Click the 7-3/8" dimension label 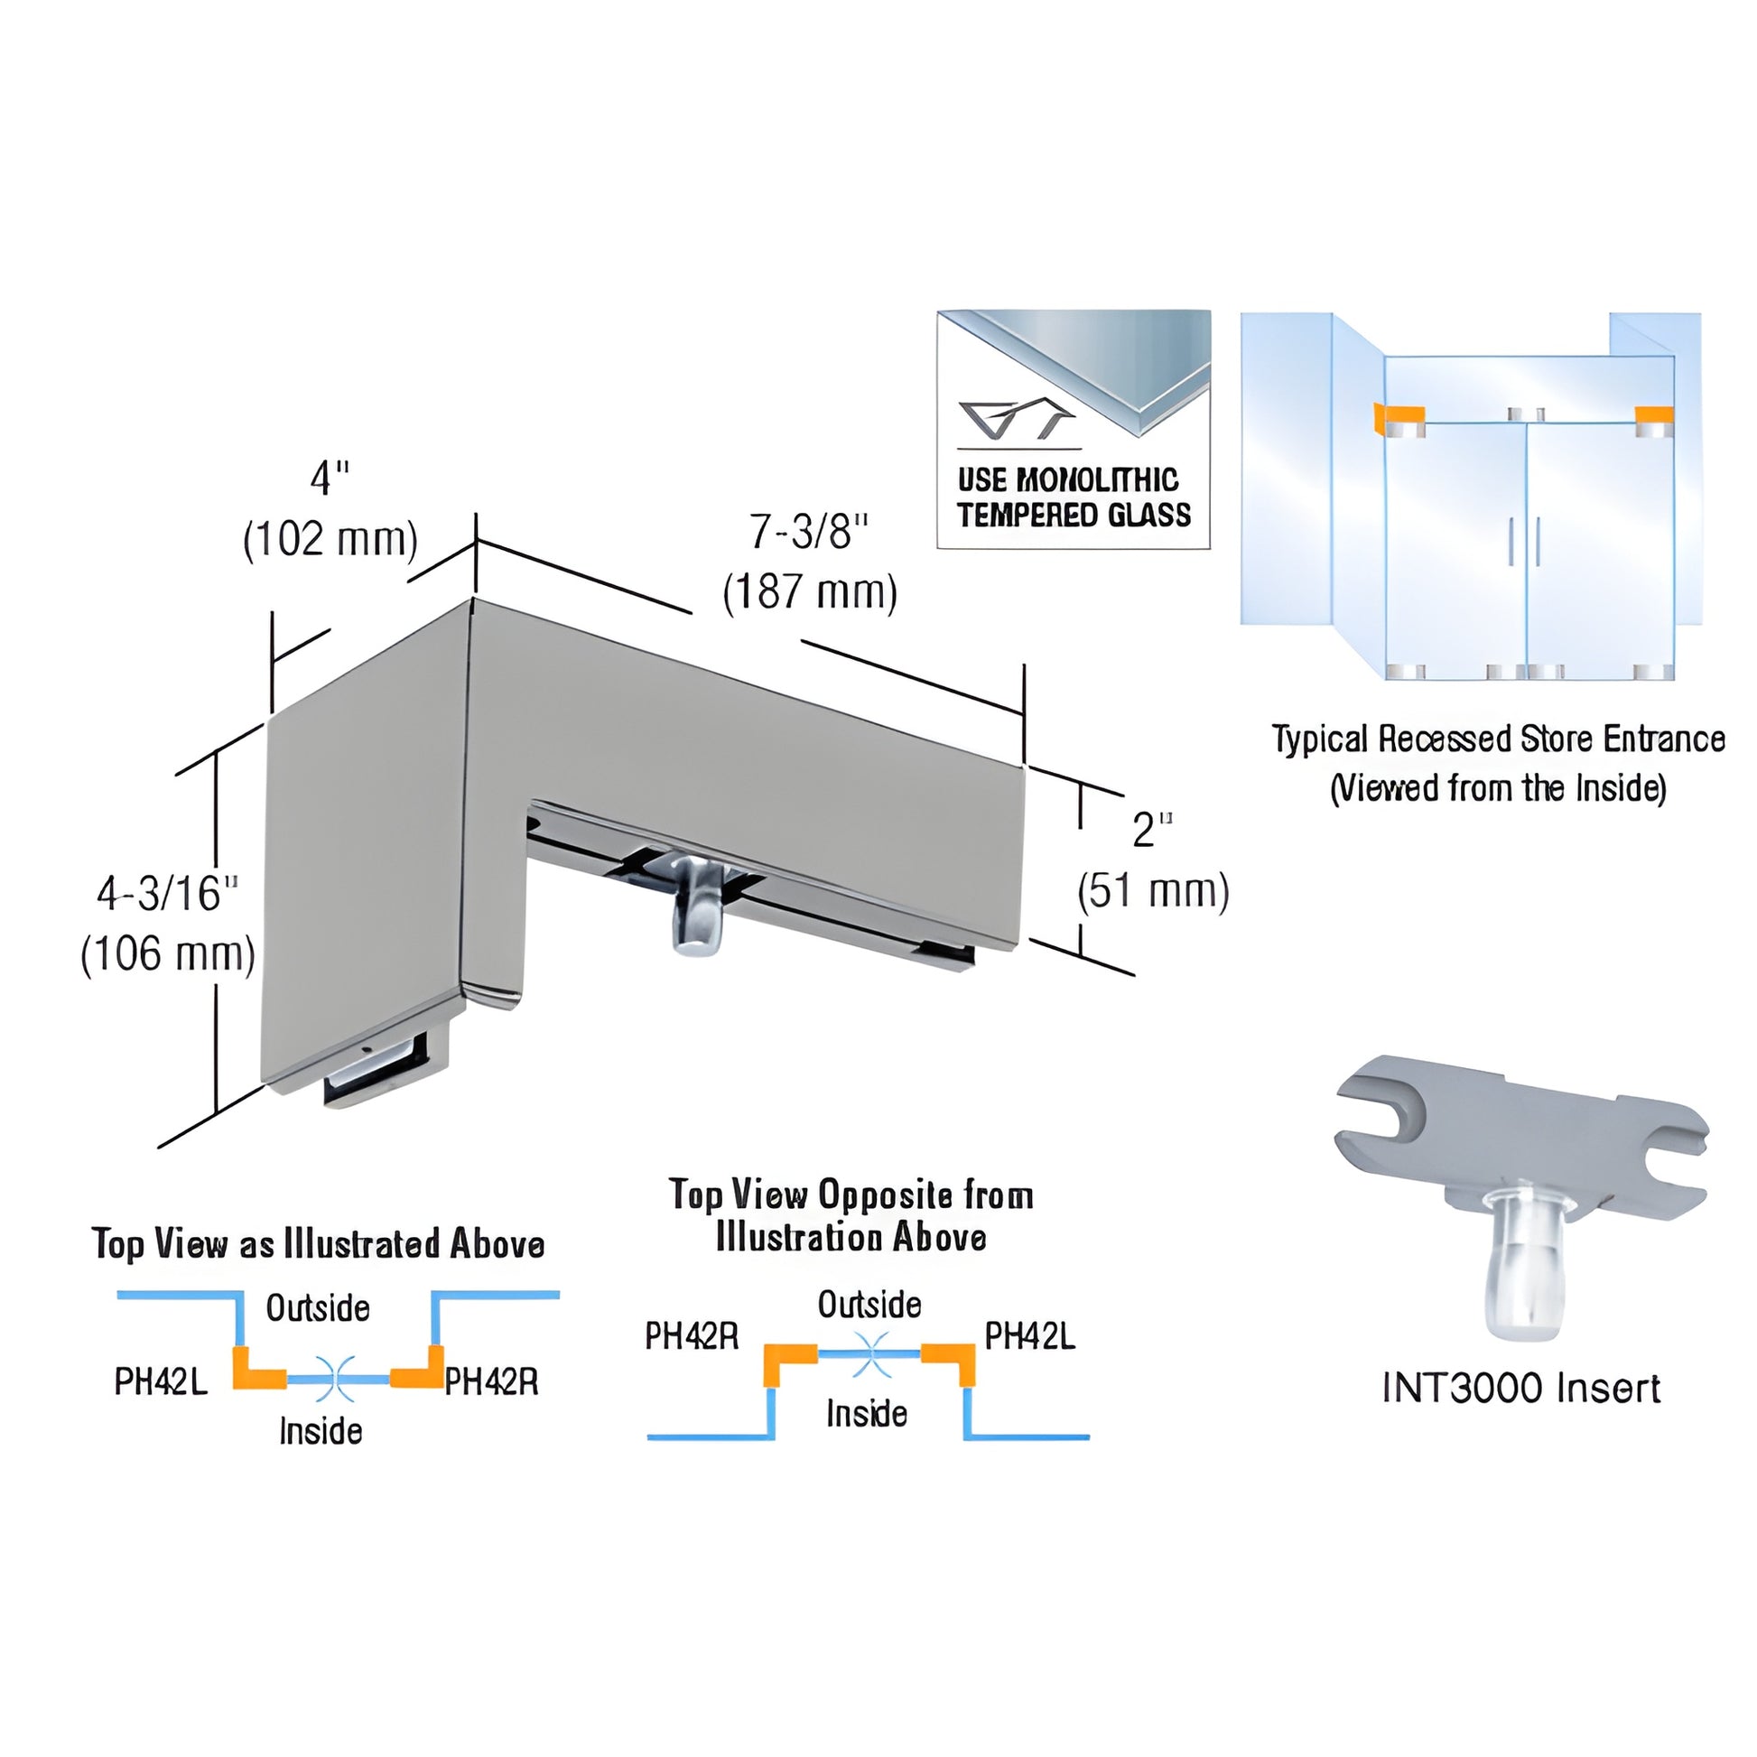coord(808,532)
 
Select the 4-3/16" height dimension coord(167,893)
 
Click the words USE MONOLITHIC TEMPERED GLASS coord(1074,497)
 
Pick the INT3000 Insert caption coord(1520,1389)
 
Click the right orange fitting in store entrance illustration coord(1654,421)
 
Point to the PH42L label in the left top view coord(161,1381)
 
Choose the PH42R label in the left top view coord(491,1381)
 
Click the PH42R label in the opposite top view coord(692,1336)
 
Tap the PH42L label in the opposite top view coord(1029,1336)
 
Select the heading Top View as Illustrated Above coord(319,1243)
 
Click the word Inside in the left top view coord(321,1430)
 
